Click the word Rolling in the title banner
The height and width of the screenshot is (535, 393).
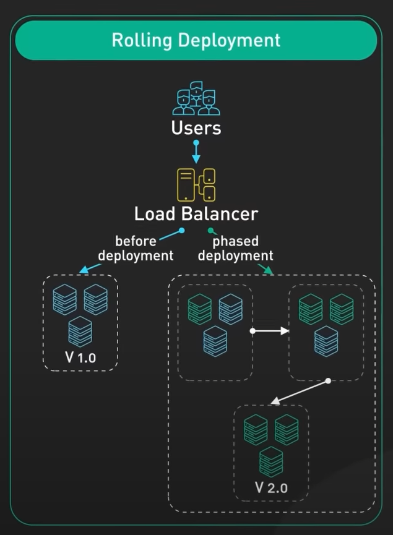[142, 40]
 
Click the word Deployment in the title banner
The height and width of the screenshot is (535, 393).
[229, 41]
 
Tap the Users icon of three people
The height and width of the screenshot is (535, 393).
[196, 98]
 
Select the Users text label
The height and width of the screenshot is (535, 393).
[196, 129]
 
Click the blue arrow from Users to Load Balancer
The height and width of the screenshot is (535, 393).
[196, 152]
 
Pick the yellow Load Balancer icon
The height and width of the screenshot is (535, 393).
[196, 184]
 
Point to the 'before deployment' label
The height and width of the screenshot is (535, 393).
[136, 248]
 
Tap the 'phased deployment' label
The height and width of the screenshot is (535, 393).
[236, 248]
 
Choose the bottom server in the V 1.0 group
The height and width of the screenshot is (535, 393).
[80, 331]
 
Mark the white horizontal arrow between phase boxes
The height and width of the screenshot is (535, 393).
[270, 331]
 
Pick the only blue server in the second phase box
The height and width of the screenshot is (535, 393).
[326, 340]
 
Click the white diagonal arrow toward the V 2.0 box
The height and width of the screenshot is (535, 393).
[300, 392]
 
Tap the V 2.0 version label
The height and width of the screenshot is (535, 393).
[271, 487]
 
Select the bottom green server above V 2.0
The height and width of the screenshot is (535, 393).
[271, 461]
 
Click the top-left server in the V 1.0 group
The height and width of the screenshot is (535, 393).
[65, 299]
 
